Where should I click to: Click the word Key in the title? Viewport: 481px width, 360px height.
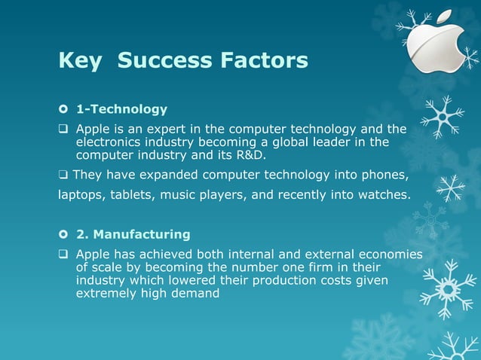click(79, 60)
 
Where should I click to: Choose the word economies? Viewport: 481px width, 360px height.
click(388, 255)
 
